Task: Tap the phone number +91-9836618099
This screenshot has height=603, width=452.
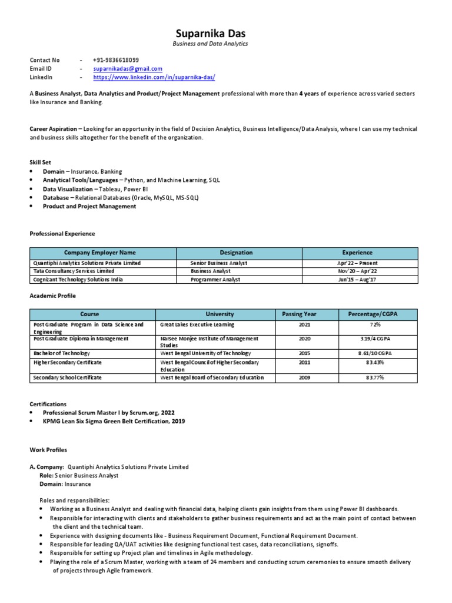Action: coord(116,60)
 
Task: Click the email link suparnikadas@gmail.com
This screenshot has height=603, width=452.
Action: coord(128,69)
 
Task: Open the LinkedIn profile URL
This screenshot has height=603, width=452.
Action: coord(154,77)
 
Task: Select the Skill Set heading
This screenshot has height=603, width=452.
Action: coord(41,161)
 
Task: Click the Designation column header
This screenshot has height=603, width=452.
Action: coord(236,253)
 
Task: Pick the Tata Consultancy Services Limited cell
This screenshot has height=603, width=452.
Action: coord(74,271)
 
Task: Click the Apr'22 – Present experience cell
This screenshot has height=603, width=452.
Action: coord(357,263)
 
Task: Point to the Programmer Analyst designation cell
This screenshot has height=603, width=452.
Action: coord(215,280)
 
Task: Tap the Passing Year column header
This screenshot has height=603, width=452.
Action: coord(299,314)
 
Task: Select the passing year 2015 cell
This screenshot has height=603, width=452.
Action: coord(304,353)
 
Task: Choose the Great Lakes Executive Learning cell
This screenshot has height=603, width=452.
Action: coord(197,324)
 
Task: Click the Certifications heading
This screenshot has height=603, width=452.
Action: coord(48,405)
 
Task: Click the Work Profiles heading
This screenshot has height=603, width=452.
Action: coord(48,450)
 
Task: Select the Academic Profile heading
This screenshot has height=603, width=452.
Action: coord(53,296)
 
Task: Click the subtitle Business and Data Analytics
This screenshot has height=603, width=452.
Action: coord(210,44)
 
